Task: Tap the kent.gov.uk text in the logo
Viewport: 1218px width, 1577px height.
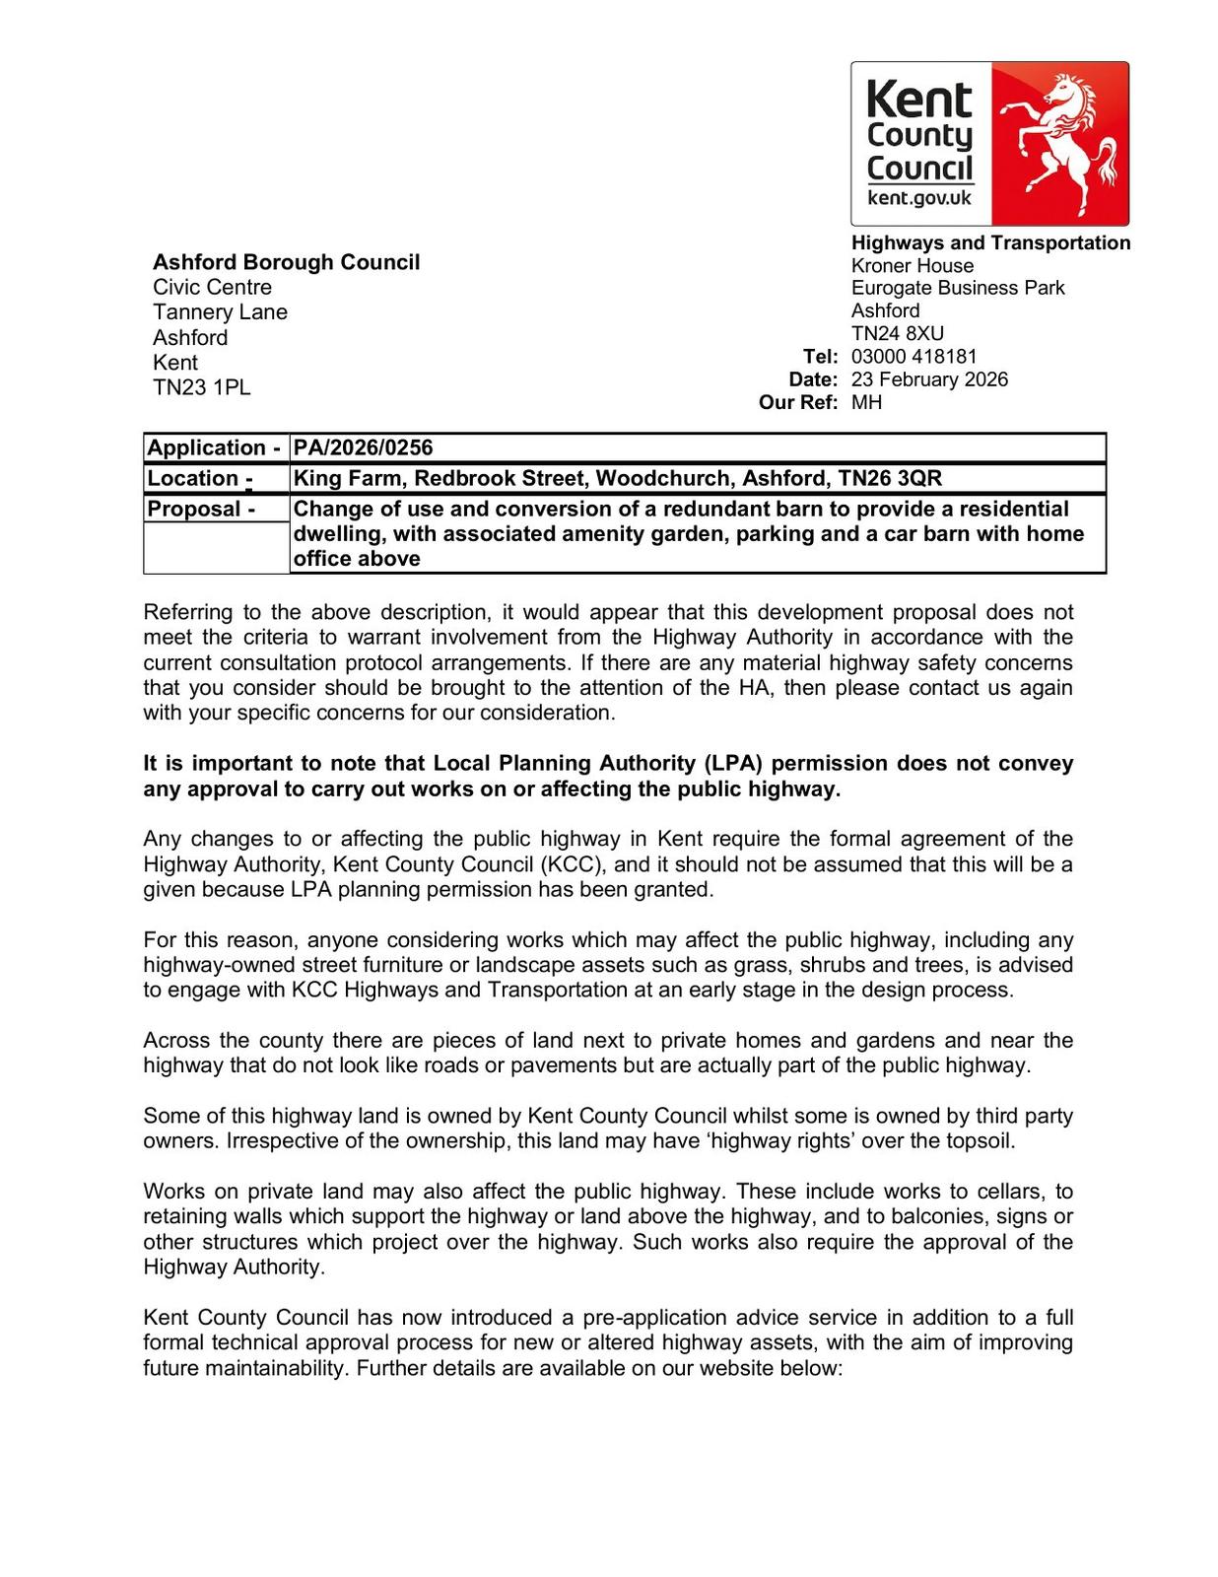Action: click(x=918, y=198)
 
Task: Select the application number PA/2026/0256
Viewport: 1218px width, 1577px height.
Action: click(x=364, y=447)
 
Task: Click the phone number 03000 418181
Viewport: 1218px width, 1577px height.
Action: click(x=913, y=356)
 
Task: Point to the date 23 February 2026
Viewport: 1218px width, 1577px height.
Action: click(x=929, y=379)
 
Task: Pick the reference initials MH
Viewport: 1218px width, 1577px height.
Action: click(x=866, y=402)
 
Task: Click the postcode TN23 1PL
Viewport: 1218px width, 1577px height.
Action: click(x=201, y=387)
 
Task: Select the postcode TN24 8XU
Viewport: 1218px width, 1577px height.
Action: click(x=897, y=333)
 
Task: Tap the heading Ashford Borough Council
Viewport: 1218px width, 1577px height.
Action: click(x=286, y=262)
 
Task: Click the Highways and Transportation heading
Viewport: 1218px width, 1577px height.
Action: click(x=990, y=242)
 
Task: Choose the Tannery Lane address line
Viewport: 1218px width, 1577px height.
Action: click(x=220, y=312)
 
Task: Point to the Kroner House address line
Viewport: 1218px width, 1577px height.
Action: click(x=912, y=266)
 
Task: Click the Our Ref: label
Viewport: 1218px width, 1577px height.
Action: click(x=798, y=402)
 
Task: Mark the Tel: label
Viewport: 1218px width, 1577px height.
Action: click(x=820, y=356)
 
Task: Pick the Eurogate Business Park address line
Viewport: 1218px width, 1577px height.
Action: click(x=957, y=288)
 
